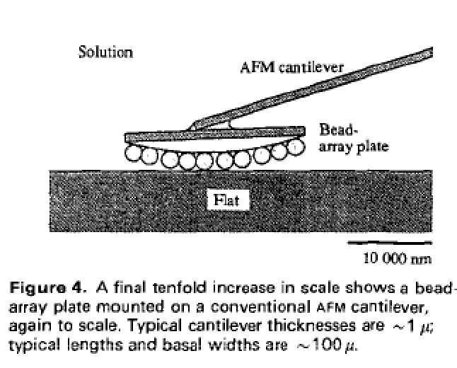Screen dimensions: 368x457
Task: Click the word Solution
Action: coord(105,53)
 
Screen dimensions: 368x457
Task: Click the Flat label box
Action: coord(227,200)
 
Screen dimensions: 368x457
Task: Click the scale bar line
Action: coord(388,243)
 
